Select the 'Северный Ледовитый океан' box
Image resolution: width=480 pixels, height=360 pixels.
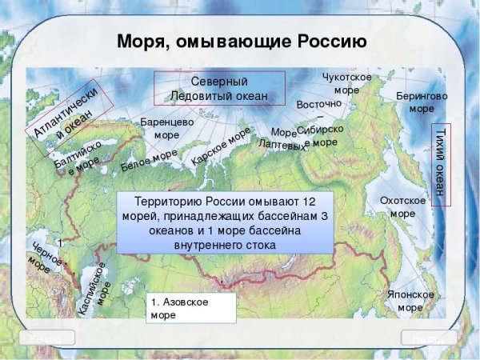(x=219, y=89)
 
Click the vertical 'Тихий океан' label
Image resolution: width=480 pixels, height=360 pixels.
(x=439, y=165)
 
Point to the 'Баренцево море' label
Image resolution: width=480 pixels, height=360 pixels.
(x=167, y=128)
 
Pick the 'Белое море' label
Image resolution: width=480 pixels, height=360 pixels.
(x=149, y=161)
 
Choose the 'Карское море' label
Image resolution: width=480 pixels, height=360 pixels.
(x=221, y=146)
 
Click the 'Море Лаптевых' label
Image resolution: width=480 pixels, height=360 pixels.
(x=282, y=139)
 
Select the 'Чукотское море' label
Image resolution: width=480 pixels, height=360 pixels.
(x=346, y=83)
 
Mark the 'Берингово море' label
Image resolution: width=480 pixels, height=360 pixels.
(x=422, y=102)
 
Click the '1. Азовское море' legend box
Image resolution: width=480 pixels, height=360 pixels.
(x=190, y=309)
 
